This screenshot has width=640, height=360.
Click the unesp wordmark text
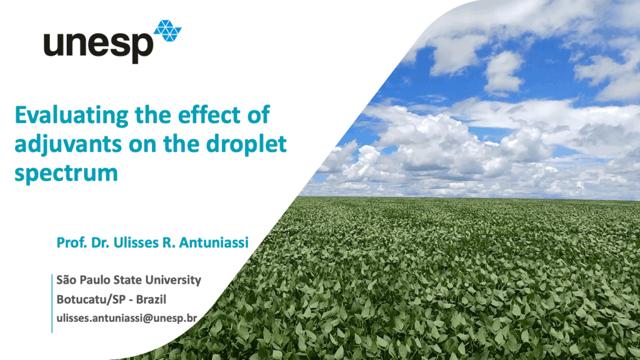pos(98,46)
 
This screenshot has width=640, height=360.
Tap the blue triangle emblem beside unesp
pos(167,31)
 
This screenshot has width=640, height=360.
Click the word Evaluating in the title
pos(72,116)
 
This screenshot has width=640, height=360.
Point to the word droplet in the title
pos(246,145)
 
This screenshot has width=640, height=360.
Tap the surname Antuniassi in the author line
pos(214,242)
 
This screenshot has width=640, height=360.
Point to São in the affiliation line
pos(65,280)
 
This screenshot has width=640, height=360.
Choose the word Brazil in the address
pos(151,299)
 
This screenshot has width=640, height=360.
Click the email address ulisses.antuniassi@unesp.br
pos(126,318)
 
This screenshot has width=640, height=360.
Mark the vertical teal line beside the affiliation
pos(52,303)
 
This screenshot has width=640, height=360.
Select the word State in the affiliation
pos(127,280)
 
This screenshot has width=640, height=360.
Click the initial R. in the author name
pos(169,242)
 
